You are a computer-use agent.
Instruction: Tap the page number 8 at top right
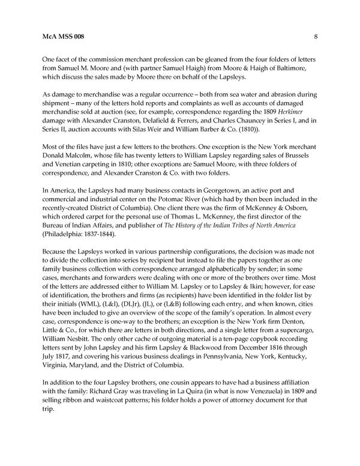(316, 37)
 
